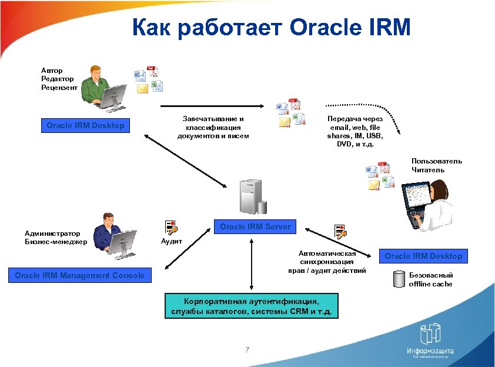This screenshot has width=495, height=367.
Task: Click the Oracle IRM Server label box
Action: [255, 227]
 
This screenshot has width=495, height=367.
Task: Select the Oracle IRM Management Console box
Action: [79, 275]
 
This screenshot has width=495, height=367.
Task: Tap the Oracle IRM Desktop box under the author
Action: [86, 125]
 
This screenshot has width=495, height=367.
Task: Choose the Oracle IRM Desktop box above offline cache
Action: [423, 256]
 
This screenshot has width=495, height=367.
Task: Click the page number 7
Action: [247, 351]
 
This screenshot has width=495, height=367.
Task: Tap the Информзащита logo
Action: [430, 342]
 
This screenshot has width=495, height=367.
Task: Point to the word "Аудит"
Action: [171, 241]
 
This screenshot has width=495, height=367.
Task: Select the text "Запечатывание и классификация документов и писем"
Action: [213, 127]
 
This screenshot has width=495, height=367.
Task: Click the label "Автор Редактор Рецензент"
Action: [59, 79]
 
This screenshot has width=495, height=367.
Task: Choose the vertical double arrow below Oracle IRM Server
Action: [252, 262]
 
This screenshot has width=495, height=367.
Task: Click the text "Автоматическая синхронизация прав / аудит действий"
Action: [327, 262]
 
